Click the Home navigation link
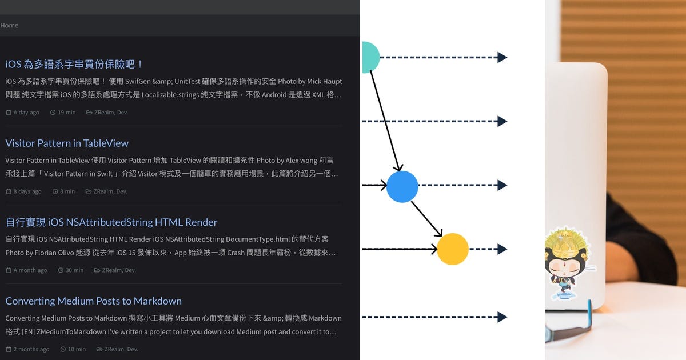(9, 25)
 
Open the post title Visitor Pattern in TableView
(67, 143)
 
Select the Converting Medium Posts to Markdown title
(93, 301)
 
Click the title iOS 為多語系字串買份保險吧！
(74, 64)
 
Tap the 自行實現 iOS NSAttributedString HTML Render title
(111, 222)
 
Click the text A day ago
(26, 113)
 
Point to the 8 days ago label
(27, 191)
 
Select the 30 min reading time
(74, 270)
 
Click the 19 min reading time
(66, 113)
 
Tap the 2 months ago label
(31, 349)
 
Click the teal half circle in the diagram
(369, 57)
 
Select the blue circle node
(402, 186)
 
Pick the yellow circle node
(453, 249)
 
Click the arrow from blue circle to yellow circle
(426, 218)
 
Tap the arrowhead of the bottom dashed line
(502, 317)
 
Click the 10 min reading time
(77, 349)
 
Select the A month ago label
(30, 270)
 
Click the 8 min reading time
(67, 191)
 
